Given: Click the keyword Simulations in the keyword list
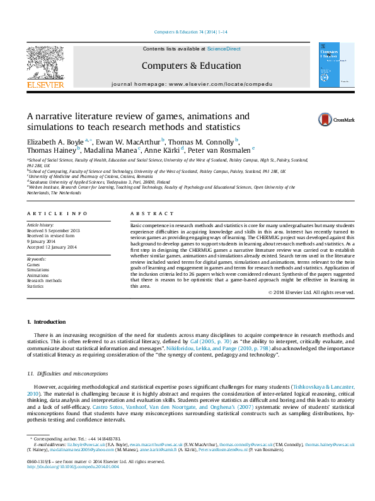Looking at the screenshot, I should pos(37,271).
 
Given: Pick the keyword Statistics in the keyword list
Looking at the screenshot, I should pos(35,286).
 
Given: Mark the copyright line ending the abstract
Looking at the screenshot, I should pos(311,292).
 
